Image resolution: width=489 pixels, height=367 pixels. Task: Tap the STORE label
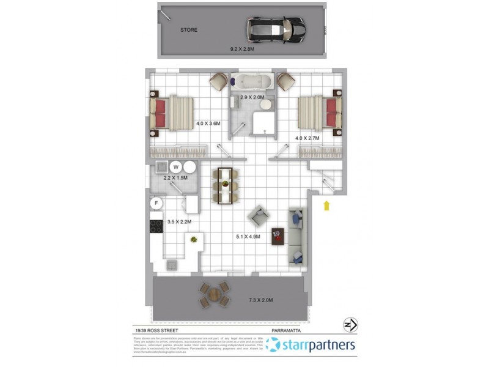click(188, 30)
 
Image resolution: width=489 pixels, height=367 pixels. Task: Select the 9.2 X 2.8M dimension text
click(243, 48)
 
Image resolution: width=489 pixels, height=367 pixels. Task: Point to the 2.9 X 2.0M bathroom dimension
click(252, 97)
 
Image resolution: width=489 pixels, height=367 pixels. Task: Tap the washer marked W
click(176, 166)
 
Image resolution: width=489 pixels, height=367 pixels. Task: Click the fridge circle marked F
click(156, 202)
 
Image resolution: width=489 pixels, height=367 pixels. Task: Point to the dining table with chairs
click(226, 184)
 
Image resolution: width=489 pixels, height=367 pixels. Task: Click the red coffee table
click(278, 235)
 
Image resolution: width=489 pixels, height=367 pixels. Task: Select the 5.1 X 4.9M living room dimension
click(249, 236)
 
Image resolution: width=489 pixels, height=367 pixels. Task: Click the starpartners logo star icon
click(273, 345)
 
